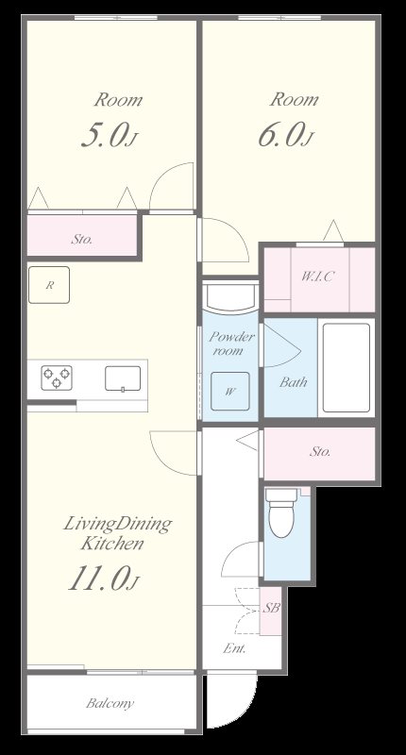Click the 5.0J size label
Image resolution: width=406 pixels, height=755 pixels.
pos(110,134)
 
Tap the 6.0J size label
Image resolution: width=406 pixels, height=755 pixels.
pos(285,134)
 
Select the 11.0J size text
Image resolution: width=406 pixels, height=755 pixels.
pos(103,578)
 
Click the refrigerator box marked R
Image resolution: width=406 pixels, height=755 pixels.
pos(49,285)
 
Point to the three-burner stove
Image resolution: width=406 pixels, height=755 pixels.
pos(57,377)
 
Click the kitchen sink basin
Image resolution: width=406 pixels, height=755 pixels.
pos(123,378)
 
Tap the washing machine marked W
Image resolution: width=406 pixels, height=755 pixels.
pos(230,391)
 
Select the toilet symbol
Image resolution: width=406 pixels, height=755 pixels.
pos(281,512)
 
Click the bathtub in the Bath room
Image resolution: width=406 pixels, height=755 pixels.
pos(347,367)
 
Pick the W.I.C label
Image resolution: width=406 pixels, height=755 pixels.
pos(318,277)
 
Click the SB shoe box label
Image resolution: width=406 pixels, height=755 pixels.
pos(271,608)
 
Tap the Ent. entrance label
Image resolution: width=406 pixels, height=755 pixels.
pos(234,648)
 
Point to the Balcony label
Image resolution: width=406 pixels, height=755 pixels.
pos(110,703)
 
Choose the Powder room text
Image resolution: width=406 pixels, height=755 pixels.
pos(231,344)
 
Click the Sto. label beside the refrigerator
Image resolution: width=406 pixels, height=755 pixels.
pos(82,239)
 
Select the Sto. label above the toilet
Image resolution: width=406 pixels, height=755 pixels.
pos(320,452)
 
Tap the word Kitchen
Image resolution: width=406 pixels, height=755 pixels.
pos(112,544)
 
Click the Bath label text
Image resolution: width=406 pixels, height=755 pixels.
pos(294,382)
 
